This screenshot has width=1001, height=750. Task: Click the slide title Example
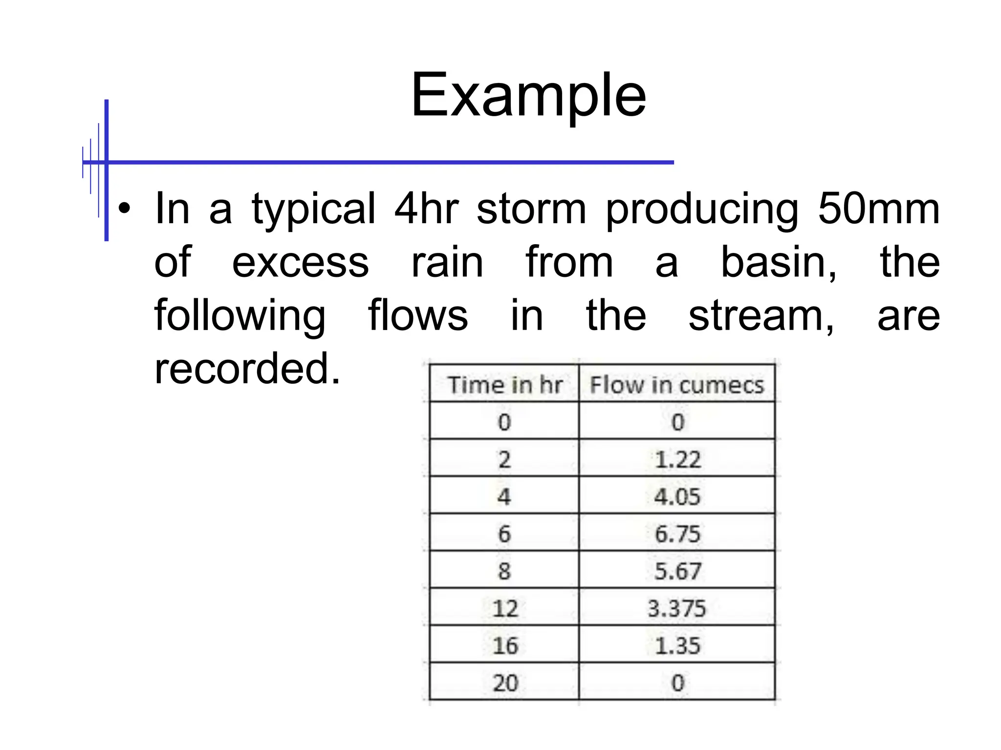point(528,95)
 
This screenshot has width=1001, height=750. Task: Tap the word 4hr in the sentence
point(426,209)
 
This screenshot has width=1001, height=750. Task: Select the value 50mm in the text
point(878,209)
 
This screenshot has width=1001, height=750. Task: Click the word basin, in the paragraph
point(779,263)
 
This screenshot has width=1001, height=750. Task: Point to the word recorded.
point(247,369)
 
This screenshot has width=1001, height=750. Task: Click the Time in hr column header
point(504,385)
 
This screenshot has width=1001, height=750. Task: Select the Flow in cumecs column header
point(676,385)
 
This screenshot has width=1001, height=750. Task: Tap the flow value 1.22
point(677,459)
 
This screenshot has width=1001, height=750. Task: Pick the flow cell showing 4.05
point(677,497)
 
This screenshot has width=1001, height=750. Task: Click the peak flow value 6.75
point(677,534)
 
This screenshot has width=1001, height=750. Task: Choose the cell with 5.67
point(677,571)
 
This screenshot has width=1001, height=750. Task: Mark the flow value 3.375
point(677,608)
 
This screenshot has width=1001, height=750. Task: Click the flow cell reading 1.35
point(677,646)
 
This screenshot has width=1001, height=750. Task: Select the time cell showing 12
point(504,608)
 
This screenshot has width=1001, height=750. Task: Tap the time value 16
point(504,646)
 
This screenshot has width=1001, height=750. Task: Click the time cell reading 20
point(504,683)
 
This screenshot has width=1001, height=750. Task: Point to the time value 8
point(504,571)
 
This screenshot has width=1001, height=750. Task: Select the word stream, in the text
point(761,316)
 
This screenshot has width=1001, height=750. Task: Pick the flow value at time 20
point(677,683)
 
